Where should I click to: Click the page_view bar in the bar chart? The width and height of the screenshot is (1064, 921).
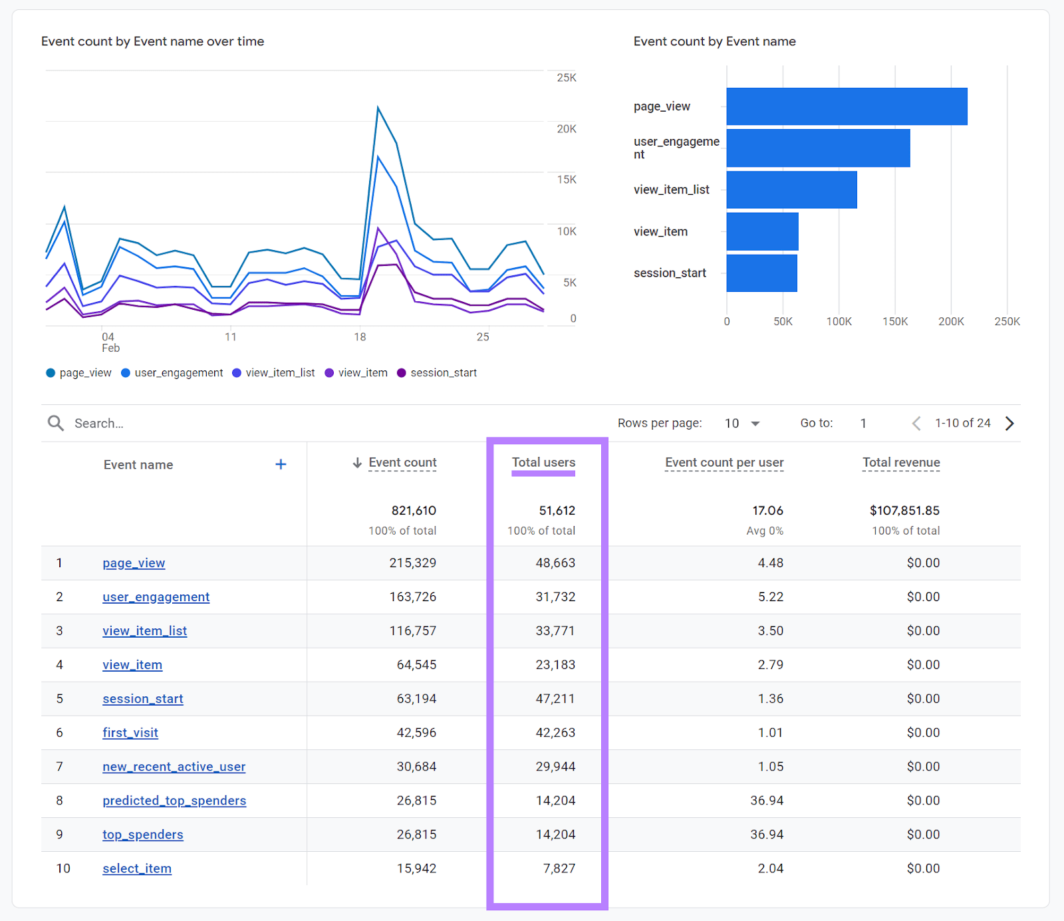click(846, 106)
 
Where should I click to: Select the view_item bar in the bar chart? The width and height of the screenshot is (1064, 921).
click(762, 231)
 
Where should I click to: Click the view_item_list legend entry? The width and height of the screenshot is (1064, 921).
click(273, 373)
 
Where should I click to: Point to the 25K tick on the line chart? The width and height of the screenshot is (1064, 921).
click(566, 78)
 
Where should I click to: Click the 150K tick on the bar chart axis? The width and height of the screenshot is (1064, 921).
click(894, 322)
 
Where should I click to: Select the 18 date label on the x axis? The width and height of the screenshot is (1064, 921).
click(360, 337)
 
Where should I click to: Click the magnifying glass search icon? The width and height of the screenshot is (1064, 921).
click(56, 424)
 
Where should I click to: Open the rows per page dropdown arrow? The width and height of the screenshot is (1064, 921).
click(755, 424)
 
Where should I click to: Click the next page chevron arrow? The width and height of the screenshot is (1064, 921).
click(1009, 424)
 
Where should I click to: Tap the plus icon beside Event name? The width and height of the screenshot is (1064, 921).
click(281, 464)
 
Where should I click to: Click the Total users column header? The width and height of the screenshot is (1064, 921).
click(543, 462)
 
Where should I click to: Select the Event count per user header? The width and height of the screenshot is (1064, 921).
click(724, 462)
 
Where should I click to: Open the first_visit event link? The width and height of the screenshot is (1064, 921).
click(130, 733)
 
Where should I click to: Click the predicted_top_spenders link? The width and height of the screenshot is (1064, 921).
click(174, 801)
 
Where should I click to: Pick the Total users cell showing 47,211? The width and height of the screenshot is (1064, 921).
click(555, 699)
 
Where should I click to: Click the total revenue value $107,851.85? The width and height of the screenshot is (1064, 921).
click(904, 511)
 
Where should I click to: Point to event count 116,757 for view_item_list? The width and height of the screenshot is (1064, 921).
click(412, 631)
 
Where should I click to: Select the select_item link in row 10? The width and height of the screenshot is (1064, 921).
click(137, 868)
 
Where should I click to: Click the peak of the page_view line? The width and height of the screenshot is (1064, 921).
click(378, 106)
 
